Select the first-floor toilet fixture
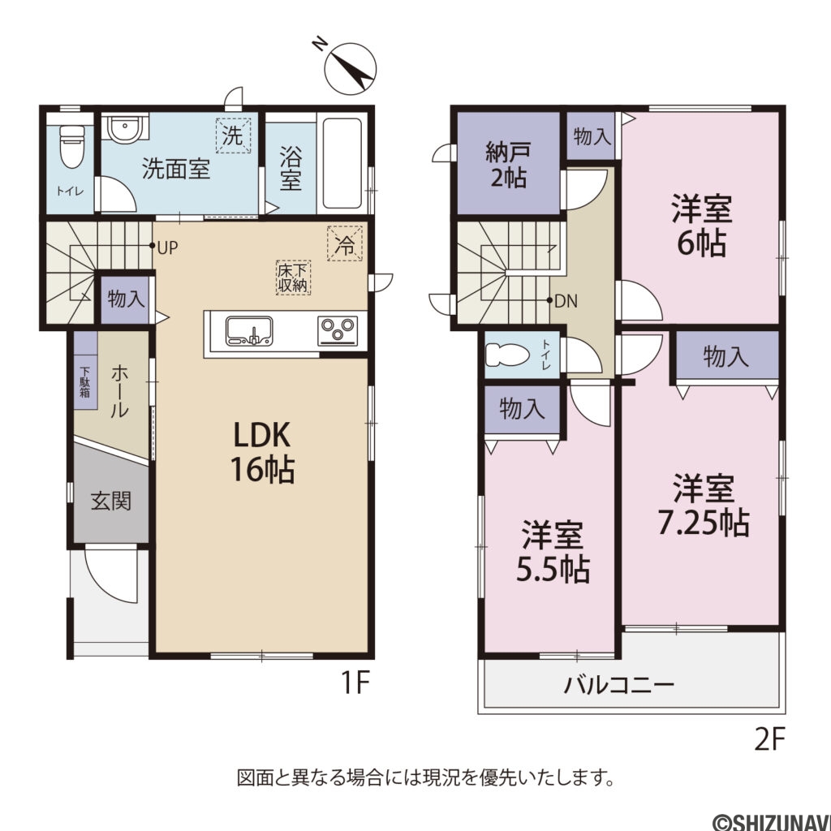click(x=72, y=146)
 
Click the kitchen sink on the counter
click(x=249, y=331)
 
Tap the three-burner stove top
click(x=338, y=331)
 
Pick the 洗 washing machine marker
click(x=233, y=136)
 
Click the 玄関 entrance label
click(x=110, y=501)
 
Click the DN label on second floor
click(x=566, y=301)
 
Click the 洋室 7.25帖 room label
click(x=703, y=506)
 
